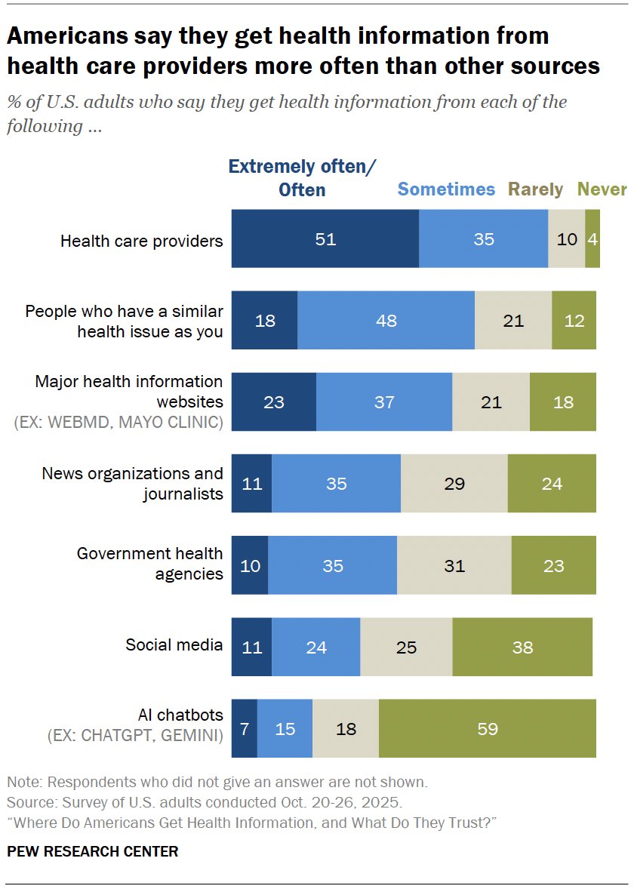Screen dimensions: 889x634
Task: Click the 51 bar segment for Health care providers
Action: click(325, 240)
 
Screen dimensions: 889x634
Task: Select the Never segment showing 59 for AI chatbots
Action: click(487, 729)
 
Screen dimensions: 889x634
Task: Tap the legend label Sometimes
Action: click(446, 189)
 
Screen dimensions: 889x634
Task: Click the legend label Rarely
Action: click(535, 189)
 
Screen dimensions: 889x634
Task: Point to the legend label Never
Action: click(602, 189)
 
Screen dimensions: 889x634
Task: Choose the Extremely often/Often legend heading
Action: click(302, 178)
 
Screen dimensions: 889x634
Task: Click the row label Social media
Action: click(174, 644)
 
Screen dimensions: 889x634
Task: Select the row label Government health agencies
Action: click(150, 564)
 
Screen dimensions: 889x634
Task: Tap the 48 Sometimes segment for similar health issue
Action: click(386, 321)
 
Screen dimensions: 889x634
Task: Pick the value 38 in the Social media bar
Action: click(522, 648)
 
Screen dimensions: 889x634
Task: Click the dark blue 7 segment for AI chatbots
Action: click(244, 729)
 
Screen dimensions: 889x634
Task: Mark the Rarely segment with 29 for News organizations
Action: click(454, 484)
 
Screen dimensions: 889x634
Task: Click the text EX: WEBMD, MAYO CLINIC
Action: click(118, 422)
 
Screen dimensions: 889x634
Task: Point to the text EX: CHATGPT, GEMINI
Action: click(135, 734)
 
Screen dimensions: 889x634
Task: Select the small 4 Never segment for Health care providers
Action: click(592, 240)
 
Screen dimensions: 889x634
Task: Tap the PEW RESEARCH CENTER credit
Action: click(92, 851)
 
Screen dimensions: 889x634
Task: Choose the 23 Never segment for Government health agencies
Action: click(553, 565)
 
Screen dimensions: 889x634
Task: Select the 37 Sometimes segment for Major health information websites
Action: click(384, 402)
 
